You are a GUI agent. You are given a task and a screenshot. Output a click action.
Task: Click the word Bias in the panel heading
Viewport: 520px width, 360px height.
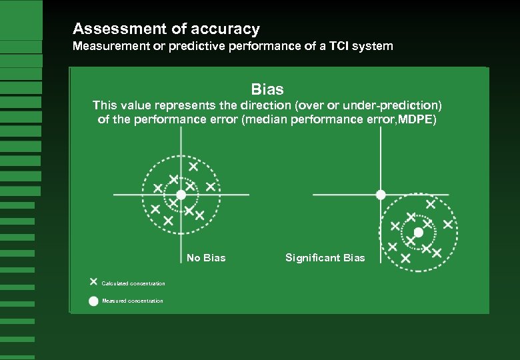point(267,89)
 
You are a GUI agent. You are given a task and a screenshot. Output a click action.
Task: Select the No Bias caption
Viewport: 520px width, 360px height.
point(206,258)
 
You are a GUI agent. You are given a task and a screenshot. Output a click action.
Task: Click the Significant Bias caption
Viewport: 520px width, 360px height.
point(325,258)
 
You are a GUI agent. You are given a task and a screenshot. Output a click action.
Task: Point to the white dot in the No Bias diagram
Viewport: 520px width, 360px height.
point(181,195)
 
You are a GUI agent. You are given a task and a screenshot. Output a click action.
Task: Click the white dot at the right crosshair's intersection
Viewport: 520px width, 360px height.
point(381,195)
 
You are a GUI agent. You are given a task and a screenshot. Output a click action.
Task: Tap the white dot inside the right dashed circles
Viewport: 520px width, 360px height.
point(418,233)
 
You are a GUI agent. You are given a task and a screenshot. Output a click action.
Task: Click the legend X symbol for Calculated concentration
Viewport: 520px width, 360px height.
point(93,282)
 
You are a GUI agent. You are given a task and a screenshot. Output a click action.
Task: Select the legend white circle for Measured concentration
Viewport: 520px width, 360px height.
point(93,301)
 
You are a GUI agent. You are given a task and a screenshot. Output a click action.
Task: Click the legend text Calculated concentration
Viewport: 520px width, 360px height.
point(133,284)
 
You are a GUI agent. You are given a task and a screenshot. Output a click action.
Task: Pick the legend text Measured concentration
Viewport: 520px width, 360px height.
point(132,301)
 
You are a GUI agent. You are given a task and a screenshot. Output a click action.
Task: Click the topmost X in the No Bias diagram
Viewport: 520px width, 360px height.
point(193,166)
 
